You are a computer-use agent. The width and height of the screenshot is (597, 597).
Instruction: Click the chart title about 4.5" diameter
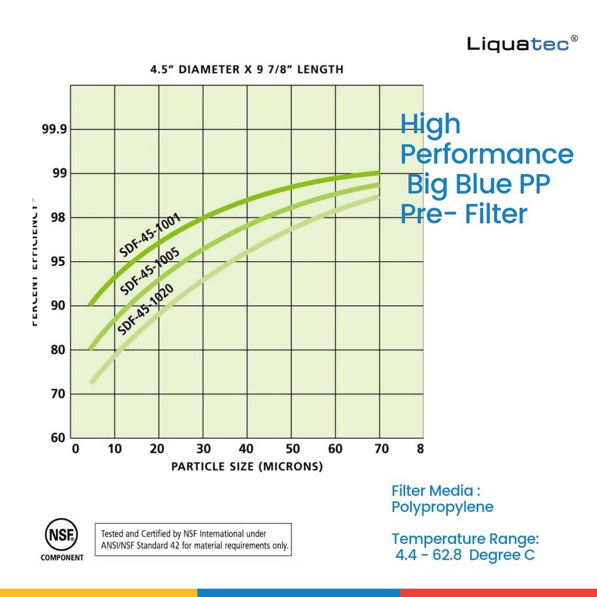(247, 69)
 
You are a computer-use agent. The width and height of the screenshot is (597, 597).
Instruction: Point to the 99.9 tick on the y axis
(54, 129)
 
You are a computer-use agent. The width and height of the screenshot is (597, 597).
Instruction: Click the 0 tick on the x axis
(75, 449)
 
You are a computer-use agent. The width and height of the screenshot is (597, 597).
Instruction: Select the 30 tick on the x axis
(202, 449)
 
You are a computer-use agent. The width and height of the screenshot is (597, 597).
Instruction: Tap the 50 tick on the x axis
(292, 449)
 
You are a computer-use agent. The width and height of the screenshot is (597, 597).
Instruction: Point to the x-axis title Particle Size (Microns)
(247, 466)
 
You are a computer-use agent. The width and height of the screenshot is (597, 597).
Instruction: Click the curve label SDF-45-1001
(150, 236)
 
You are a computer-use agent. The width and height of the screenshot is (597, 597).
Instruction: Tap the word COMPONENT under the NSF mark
(62, 557)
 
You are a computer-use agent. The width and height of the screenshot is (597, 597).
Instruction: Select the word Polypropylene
(442, 507)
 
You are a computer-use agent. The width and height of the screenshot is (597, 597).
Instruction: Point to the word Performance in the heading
(487, 154)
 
